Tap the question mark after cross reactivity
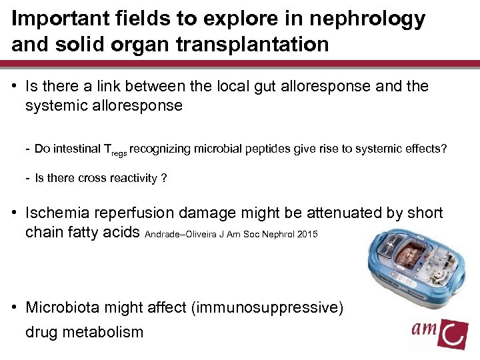point(163,178)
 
